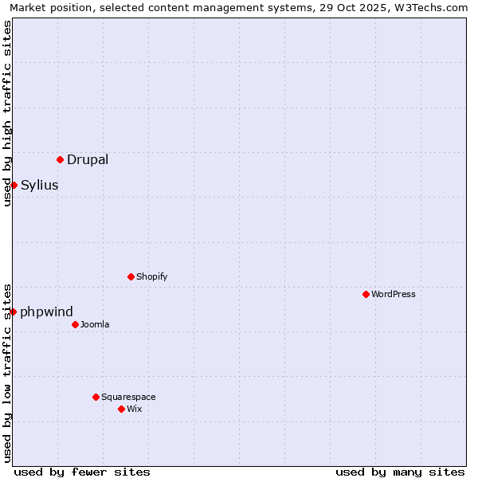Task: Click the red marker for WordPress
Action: (366, 294)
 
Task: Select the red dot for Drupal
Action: (60, 159)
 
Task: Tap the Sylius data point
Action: (14, 185)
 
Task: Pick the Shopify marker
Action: (131, 276)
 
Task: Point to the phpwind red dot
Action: (14, 311)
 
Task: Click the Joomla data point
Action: (75, 324)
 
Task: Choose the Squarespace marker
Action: (96, 397)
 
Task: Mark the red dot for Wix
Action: (121, 409)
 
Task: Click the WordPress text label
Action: (394, 294)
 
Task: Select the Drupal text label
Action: (88, 159)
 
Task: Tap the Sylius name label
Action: (40, 185)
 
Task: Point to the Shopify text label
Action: (152, 276)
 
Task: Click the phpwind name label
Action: (46, 311)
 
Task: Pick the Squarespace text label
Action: (128, 397)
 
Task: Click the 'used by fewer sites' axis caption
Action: (82, 472)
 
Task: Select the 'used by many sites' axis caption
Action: (400, 472)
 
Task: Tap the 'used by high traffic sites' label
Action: (7, 114)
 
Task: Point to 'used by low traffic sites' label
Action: (7, 372)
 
